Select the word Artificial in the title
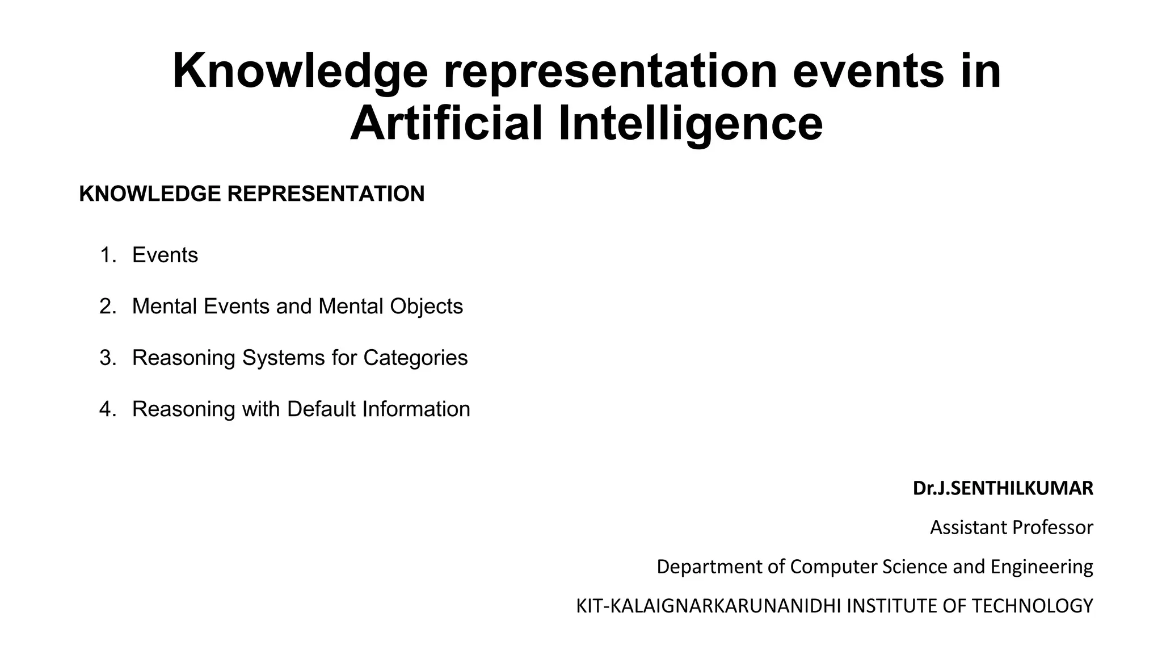click(447, 124)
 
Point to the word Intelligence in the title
click(691, 124)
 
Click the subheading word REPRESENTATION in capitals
click(326, 194)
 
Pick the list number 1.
click(107, 255)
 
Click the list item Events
click(165, 255)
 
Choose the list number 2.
click(107, 307)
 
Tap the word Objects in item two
click(426, 307)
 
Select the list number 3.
click(107, 358)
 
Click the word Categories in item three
click(415, 358)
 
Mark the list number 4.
click(107, 409)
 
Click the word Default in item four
click(321, 409)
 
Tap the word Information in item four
click(416, 409)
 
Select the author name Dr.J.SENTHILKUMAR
click(1003, 488)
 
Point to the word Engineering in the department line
click(1042, 567)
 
